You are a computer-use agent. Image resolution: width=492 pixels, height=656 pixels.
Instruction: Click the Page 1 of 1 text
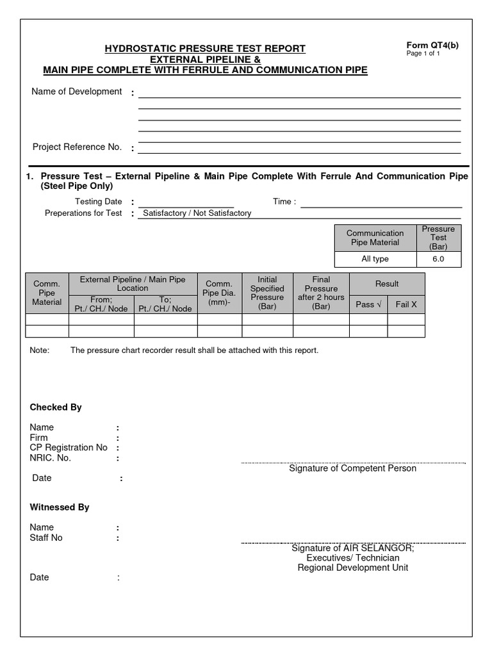423,53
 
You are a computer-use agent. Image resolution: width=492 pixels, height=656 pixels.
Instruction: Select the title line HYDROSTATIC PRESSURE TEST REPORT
205,49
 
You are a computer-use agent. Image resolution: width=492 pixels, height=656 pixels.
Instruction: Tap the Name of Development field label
77,92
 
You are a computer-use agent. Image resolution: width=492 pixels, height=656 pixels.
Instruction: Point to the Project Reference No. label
77,147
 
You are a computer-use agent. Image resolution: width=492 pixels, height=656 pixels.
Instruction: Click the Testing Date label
99,202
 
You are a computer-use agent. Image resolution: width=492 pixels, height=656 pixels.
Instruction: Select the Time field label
284,202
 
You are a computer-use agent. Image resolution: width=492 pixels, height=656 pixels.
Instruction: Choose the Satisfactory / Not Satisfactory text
197,213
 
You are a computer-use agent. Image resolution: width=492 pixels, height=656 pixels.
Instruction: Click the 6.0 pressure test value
438,259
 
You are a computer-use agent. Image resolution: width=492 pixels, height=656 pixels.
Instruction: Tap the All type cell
375,259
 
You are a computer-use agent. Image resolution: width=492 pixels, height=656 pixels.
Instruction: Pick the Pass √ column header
368,304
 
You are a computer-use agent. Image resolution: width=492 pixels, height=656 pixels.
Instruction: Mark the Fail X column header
406,304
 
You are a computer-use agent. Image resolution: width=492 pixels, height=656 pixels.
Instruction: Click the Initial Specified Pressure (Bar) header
267,293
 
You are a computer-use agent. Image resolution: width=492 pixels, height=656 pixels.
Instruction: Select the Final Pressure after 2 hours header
321,293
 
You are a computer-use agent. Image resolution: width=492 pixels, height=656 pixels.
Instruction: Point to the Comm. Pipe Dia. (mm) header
219,293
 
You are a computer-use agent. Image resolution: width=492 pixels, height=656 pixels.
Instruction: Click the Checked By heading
56,407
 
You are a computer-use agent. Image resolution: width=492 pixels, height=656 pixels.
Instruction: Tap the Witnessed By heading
60,507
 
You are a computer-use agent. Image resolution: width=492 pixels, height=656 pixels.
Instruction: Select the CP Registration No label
69,448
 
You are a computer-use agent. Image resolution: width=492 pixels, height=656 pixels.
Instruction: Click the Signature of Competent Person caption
352,468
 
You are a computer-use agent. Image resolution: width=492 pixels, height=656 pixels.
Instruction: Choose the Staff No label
46,537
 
